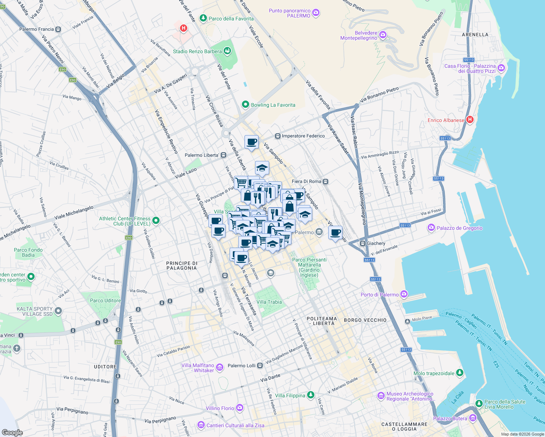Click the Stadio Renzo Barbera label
pyautogui.click(x=197, y=51)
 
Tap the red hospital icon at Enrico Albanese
pyautogui.click(x=470, y=119)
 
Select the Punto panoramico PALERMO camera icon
pyautogui.click(x=316, y=13)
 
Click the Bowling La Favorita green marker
pyautogui.click(x=245, y=105)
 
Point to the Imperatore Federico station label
pyautogui.click(x=303, y=136)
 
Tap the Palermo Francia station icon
pyautogui.click(x=58, y=29)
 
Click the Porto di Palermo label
pyautogui.click(x=380, y=295)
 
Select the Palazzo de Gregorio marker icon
pyautogui.click(x=431, y=228)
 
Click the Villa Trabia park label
pyautogui.click(x=269, y=302)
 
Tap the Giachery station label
pyautogui.click(x=376, y=243)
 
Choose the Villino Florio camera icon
pyautogui.click(x=239, y=408)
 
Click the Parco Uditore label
pyautogui.click(x=105, y=300)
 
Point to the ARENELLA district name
pyautogui.click(x=475, y=35)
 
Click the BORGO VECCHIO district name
pyautogui.click(x=365, y=320)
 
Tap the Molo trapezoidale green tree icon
pyautogui.click(x=460, y=373)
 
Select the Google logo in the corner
pyautogui.click(x=12, y=432)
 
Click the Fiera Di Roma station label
pyautogui.click(x=306, y=181)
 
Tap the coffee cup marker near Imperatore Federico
pyautogui.click(x=251, y=142)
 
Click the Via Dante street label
pyautogui.click(x=270, y=378)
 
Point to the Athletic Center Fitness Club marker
pyautogui.click(x=156, y=220)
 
